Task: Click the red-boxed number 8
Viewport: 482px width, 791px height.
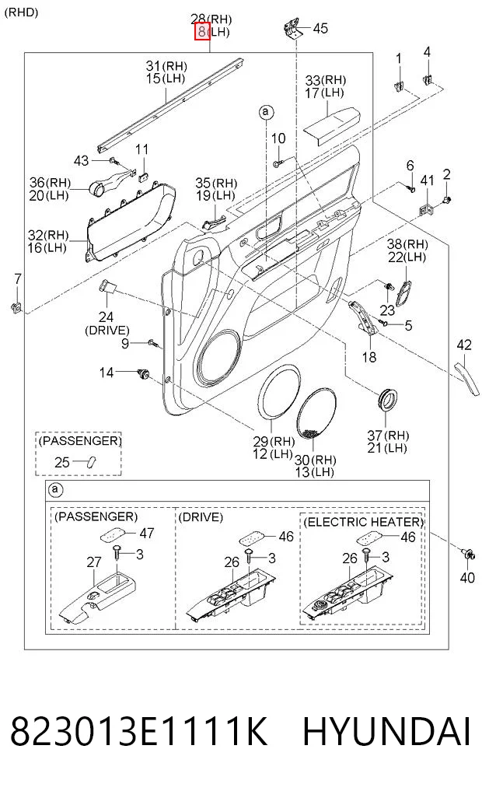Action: [x=202, y=32]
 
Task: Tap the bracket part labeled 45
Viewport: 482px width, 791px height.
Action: [x=292, y=29]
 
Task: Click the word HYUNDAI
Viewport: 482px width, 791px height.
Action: [x=386, y=731]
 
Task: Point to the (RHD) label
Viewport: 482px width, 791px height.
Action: [x=21, y=12]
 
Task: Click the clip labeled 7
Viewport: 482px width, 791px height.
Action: [x=16, y=306]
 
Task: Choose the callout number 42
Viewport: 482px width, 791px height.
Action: [x=464, y=345]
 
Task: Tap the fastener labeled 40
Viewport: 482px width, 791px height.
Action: [x=468, y=553]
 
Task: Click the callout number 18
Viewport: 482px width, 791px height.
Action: [x=369, y=357]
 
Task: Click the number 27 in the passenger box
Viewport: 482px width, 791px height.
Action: [x=94, y=562]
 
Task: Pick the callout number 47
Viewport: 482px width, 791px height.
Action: [x=147, y=534]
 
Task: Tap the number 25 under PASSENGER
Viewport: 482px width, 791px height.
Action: [x=62, y=462]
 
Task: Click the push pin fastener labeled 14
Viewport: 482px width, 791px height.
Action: [x=144, y=374]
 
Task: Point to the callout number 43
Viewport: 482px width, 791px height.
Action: [x=81, y=161]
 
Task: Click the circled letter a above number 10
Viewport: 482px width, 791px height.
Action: [x=266, y=112]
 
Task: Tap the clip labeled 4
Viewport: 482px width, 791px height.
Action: [x=428, y=79]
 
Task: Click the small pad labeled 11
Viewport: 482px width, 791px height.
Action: [x=143, y=176]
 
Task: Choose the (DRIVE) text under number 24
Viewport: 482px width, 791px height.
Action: [x=107, y=331]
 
